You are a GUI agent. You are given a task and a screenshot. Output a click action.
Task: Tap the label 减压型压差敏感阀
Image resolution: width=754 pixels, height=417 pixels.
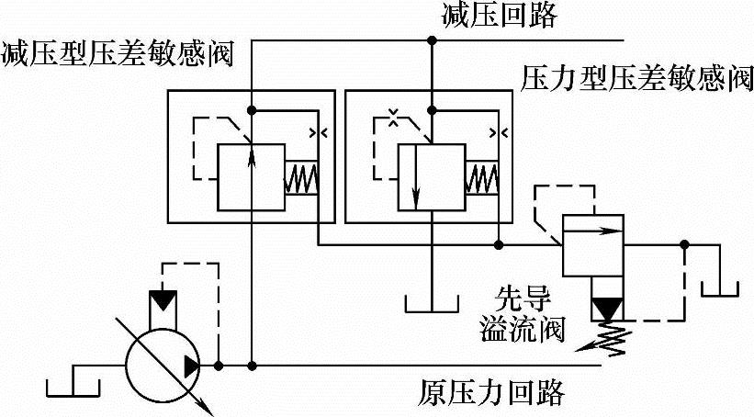coord(117,50)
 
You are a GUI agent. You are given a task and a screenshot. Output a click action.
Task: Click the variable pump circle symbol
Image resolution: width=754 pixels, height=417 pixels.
coord(164,366)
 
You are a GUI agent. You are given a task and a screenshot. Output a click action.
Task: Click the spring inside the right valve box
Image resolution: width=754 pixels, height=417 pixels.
coord(480,176)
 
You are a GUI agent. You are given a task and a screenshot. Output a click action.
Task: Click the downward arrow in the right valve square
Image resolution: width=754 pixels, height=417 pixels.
coord(417,175)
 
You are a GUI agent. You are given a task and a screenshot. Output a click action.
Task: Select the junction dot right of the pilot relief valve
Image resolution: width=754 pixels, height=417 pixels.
coord(684,244)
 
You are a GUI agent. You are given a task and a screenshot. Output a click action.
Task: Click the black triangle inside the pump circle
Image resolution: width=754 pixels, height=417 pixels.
coord(190,366)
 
